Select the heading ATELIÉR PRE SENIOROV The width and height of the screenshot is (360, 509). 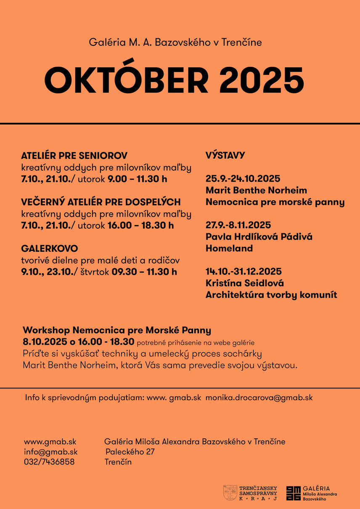pos(74,156)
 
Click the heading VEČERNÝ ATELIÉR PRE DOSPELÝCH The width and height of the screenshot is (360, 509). pos(101,202)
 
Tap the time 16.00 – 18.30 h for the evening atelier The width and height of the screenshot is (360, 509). pos(140,225)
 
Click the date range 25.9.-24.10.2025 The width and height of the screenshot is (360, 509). pos(243,179)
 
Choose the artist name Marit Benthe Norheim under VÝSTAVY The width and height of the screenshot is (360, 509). pos(256,190)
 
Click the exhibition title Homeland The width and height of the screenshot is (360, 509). pos(229,248)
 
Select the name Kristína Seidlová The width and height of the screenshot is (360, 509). pos(245,283)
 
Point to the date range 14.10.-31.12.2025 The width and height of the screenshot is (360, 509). pos(244,271)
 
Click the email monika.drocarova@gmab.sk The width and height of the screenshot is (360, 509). pos(259,398)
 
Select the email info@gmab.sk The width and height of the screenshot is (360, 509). pos(50,452)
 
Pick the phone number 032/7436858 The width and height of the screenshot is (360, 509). pos(49,462)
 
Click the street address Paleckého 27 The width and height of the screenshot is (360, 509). pos(130,452)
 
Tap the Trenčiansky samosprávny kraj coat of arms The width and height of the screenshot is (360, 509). pos(230,493)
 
